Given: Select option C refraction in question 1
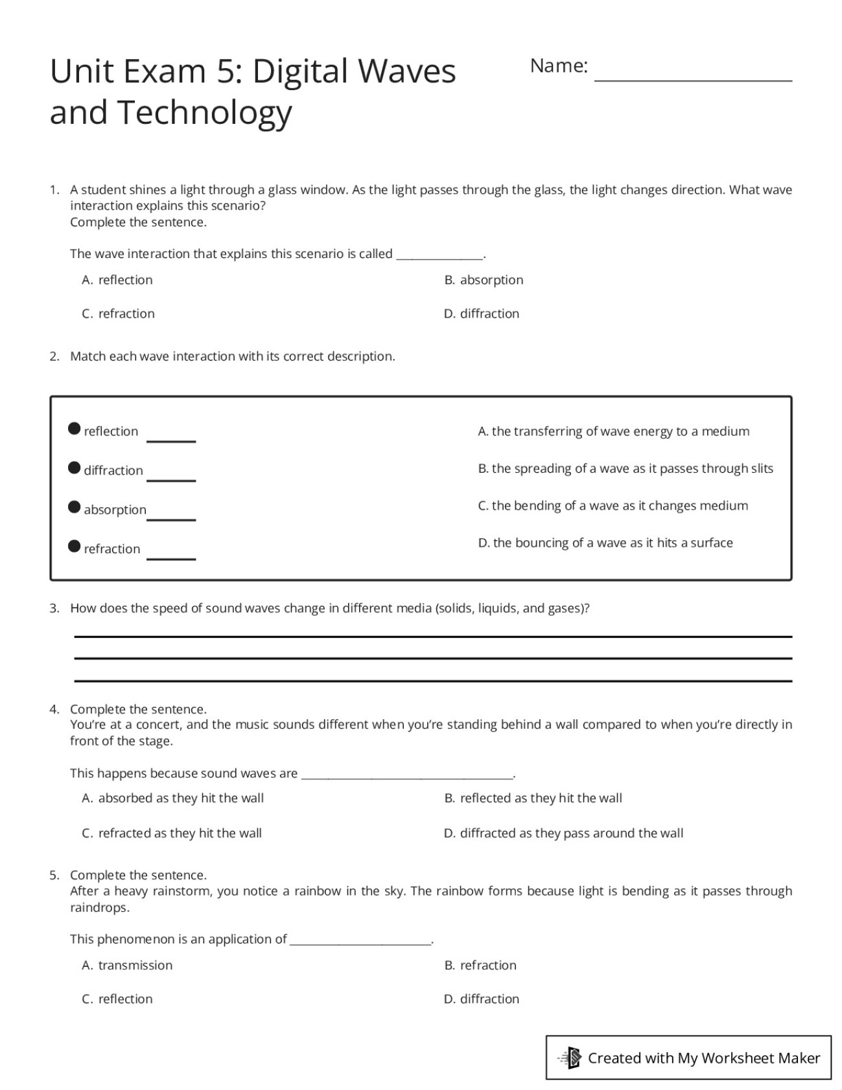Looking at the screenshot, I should [119, 314].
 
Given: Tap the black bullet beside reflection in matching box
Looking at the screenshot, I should [75, 429].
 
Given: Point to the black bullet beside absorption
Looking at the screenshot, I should [75, 507].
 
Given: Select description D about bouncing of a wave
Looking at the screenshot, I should [605, 543].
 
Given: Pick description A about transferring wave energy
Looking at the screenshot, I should [613, 431].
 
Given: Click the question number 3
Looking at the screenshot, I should [54, 608].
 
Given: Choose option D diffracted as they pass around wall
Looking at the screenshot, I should [563, 833].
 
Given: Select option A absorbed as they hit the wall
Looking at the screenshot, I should [173, 798].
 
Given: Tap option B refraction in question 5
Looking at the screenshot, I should [480, 966].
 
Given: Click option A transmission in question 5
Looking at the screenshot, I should [128, 966].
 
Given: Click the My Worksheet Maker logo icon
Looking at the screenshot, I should [571, 1058].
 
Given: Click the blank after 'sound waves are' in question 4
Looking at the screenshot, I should [407, 773].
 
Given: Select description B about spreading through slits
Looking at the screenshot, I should [626, 469].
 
